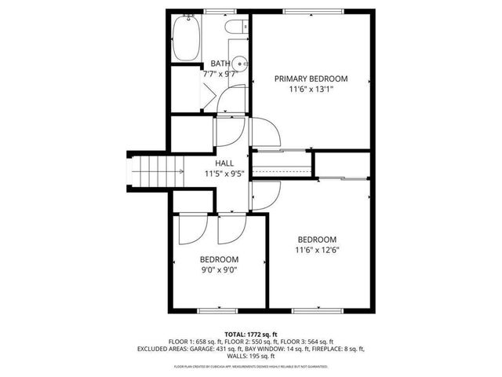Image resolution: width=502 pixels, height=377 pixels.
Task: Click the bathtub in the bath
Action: click(x=186, y=39)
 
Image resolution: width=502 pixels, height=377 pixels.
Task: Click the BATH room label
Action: click(x=220, y=64)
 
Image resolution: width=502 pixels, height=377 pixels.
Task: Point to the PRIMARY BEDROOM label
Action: click(x=311, y=79)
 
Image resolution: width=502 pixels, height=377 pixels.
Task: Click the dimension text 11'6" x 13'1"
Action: click(x=311, y=90)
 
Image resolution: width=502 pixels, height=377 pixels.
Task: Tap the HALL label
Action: click(x=225, y=163)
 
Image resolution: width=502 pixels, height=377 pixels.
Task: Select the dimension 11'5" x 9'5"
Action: click(x=225, y=174)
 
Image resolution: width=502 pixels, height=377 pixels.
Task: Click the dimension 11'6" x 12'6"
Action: click(x=317, y=251)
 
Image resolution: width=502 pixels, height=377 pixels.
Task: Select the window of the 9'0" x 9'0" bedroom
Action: click(x=216, y=311)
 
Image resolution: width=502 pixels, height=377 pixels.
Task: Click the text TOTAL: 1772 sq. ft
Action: click(x=251, y=334)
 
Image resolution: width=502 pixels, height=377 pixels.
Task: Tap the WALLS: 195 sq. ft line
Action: click(x=251, y=356)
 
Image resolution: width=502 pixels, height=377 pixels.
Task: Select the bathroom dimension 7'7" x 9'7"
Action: click(x=220, y=74)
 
